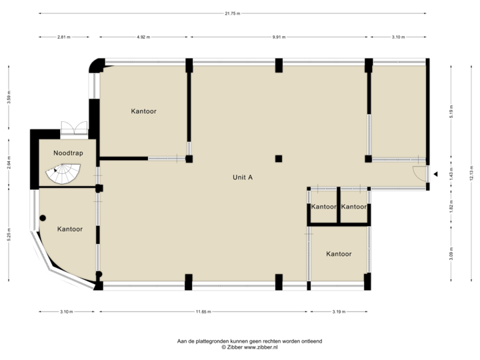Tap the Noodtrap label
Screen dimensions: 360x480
(67, 153)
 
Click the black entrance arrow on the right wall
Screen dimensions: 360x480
(435, 174)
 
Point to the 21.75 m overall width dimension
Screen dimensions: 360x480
(233, 13)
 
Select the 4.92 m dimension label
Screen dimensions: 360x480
(143, 37)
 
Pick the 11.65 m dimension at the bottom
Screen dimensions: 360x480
(203, 311)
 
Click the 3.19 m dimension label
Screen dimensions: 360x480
(339, 311)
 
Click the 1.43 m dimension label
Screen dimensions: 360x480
(451, 175)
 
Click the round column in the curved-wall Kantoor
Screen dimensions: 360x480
(43, 217)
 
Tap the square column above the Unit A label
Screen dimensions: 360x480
(279, 159)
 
